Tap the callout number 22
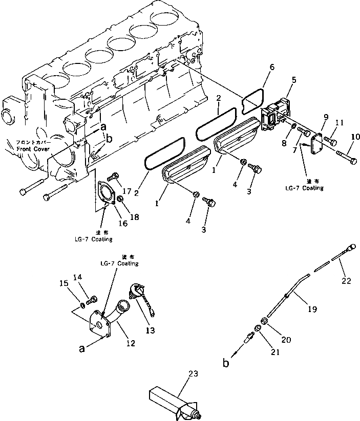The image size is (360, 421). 347,281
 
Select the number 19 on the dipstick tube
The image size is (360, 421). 312,309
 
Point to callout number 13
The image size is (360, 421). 150,331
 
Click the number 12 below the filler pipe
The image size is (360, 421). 131,343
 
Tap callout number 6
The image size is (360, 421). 271,68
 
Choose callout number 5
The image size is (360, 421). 293,80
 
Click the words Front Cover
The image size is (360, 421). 31,149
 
